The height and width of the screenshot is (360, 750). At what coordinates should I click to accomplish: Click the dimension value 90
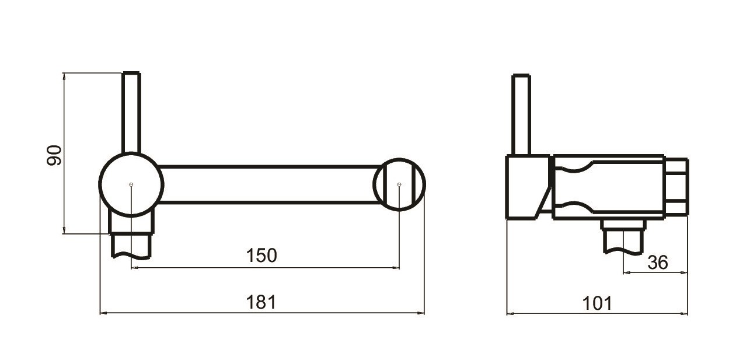coord(54,155)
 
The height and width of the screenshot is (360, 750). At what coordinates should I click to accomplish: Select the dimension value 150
coord(261,256)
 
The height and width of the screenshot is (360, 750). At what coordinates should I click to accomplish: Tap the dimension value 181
coord(261,302)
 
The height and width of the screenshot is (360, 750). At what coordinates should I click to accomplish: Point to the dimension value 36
coord(658,263)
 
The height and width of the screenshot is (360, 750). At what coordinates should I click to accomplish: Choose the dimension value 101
coord(597,303)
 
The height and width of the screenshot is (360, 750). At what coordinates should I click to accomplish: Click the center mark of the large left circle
coord(131,184)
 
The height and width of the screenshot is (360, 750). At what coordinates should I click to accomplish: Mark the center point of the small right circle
coord(399,184)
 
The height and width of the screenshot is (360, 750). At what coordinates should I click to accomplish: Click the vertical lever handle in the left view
coord(131,113)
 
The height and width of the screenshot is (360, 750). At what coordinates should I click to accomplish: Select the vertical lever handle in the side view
coord(521,114)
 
